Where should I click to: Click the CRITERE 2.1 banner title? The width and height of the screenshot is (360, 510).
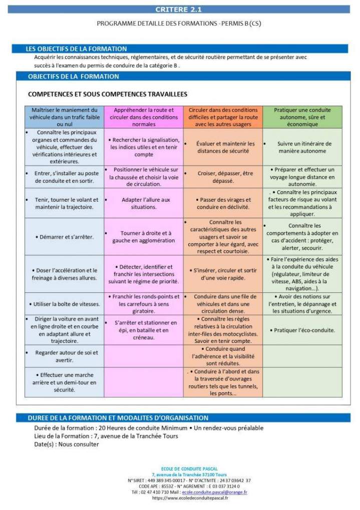pyautogui.click(x=179, y=9)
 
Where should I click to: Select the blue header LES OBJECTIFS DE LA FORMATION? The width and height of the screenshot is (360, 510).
pyautogui.click(x=77, y=49)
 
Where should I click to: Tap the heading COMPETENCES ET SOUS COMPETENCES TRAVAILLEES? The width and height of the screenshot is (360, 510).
pyautogui.click(x=108, y=94)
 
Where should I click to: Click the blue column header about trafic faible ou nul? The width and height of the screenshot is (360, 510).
pyautogui.click(x=65, y=117)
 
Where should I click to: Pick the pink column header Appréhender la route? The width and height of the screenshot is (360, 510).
pyautogui.click(x=144, y=117)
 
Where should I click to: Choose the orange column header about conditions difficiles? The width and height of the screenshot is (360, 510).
pyautogui.click(x=223, y=117)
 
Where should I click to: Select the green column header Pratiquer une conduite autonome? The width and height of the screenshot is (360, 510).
pyautogui.click(x=302, y=117)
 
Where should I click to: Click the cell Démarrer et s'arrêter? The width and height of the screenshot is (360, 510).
pyautogui.click(x=65, y=236)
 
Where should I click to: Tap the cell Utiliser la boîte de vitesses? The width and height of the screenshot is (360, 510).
pyautogui.click(x=65, y=304)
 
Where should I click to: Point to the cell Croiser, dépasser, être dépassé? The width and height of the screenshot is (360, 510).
pyautogui.click(x=223, y=177)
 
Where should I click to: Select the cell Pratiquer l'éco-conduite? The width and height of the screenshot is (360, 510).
pyautogui.click(x=302, y=330)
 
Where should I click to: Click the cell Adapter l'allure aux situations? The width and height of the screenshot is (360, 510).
pyautogui.click(x=144, y=203)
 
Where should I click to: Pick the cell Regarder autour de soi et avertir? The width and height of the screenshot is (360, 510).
pyautogui.click(x=65, y=356)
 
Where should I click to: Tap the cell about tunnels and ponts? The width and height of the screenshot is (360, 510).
pyautogui.click(x=223, y=382)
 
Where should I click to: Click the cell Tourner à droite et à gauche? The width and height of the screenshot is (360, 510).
pyautogui.click(x=144, y=236)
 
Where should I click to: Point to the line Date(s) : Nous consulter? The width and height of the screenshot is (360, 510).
pyautogui.click(x=67, y=444)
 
